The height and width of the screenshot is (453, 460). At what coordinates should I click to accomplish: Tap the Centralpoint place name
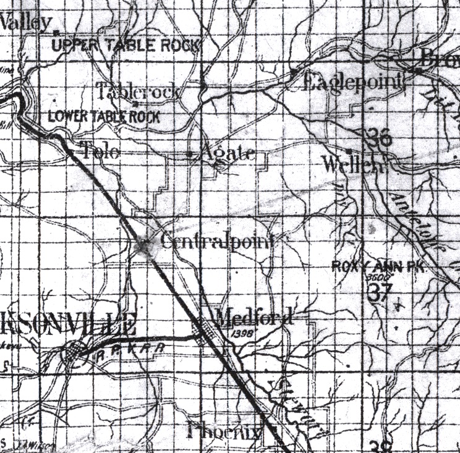coord(216,241)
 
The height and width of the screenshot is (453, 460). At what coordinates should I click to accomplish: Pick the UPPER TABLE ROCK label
coord(126,45)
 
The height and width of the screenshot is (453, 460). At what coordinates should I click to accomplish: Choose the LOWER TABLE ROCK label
coord(104,116)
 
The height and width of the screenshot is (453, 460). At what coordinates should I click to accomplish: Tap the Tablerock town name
coord(140,92)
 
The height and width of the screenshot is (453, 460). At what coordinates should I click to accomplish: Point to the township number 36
coord(378,138)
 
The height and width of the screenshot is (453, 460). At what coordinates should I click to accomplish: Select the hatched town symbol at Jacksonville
coord(75,355)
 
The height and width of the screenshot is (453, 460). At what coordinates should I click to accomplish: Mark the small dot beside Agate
coord(189,154)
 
